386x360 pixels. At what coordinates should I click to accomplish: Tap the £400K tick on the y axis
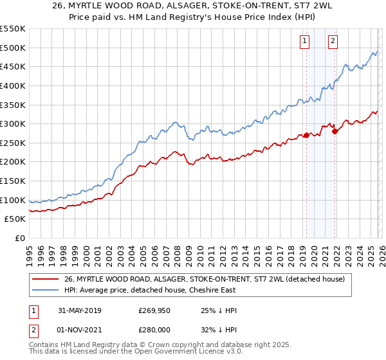pyautogui.click(x=13, y=85)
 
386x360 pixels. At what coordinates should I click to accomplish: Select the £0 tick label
pyautogui.click(x=19, y=239)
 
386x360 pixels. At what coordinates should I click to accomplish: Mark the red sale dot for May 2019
pyautogui.click(x=306, y=135)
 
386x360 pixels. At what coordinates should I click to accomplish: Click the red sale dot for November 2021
pyautogui.click(x=335, y=131)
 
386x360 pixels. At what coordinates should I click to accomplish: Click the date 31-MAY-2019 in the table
pyautogui.click(x=79, y=310)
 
